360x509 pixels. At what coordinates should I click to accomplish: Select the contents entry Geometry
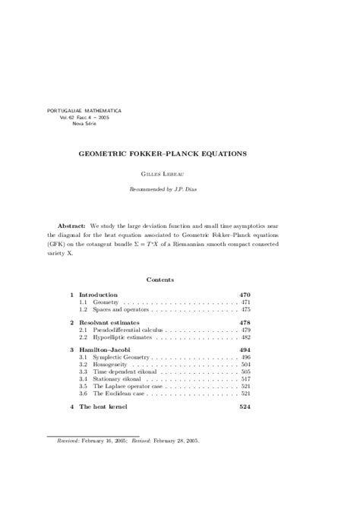105,302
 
